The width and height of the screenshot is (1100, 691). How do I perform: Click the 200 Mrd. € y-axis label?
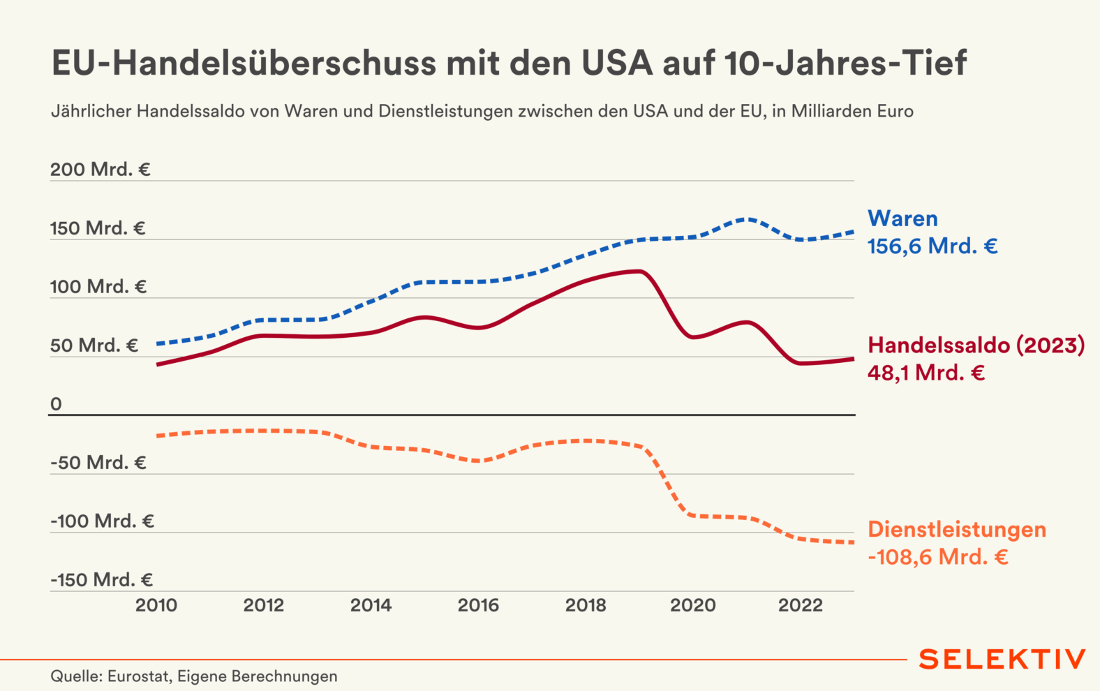pyautogui.click(x=100, y=170)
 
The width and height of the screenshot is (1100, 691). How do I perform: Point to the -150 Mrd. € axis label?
pyautogui.click(x=101, y=580)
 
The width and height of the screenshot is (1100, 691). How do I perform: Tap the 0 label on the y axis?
pyautogui.click(x=56, y=404)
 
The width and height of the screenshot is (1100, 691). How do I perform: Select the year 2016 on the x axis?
pyautogui.click(x=478, y=605)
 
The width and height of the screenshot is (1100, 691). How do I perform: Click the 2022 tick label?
pyautogui.click(x=800, y=605)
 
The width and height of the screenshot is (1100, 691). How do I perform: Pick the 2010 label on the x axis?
pyautogui.click(x=156, y=605)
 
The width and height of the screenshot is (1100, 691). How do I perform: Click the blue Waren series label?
pyautogui.click(x=902, y=218)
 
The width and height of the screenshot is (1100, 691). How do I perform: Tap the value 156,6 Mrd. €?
pyautogui.click(x=932, y=246)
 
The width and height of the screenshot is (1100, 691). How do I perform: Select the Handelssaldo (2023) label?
pyautogui.click(x=976, y=345)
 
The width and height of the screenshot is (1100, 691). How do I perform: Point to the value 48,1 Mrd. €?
pyautogui.click(x=926, y=373)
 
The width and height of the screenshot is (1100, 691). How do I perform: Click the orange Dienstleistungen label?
pyautogui.click(x=957, y=529)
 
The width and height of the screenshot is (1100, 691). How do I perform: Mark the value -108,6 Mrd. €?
pyautogui.click(x=938, y=557)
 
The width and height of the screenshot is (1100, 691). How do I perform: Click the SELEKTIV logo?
pyautogui.click(x=1002, y=659)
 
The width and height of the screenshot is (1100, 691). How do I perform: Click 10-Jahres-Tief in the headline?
pyautogui.click(x=845, y=63)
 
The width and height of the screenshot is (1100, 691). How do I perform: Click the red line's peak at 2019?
pyautogui.click(x=639, y=271)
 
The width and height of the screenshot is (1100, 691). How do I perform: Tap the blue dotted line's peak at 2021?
pyautogui.click(x=746, y=219)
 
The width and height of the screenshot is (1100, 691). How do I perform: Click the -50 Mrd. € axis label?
pyautogui.click(x=98, y=463)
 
